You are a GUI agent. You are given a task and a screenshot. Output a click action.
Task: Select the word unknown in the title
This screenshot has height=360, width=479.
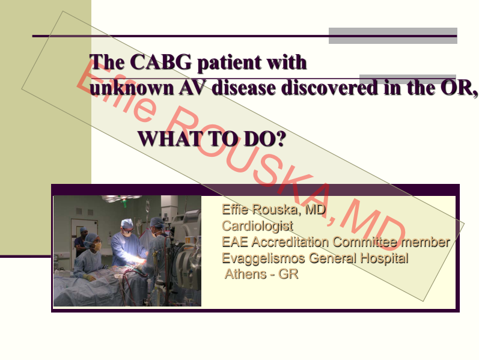pos(132,88)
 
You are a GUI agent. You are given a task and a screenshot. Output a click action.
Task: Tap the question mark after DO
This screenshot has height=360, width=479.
pos(281,139)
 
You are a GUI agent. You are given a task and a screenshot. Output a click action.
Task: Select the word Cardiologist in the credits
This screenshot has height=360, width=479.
pos(257,226)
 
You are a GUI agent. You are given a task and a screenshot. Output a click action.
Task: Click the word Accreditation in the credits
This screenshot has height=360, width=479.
pos(290,242)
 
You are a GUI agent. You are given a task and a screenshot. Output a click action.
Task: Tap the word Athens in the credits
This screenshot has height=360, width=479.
pos(246,274)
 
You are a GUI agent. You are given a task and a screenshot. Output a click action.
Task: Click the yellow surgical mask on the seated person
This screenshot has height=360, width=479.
pos(97,246)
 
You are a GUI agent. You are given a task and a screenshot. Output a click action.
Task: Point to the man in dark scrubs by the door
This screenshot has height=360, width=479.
pos(81,242)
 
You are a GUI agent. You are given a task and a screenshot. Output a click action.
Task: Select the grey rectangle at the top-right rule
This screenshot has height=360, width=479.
pos(393,35)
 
